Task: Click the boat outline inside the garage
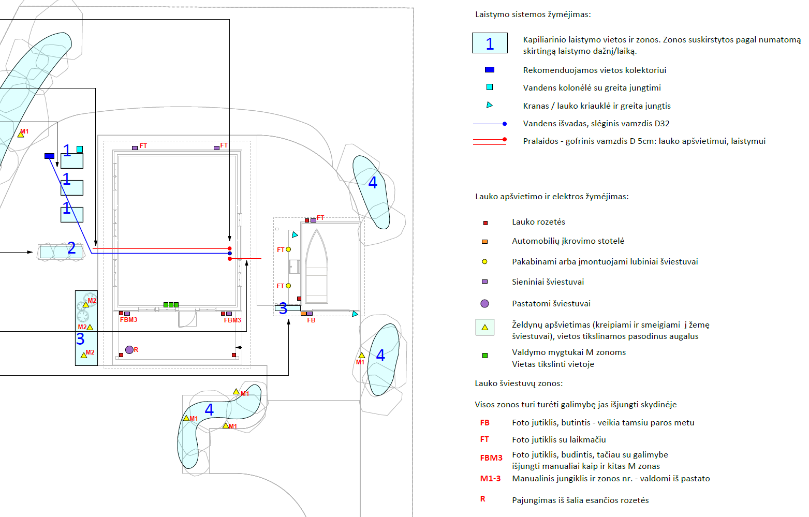[316, 267]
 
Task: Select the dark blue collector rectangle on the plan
[49, 156]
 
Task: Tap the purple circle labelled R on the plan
[129, 350]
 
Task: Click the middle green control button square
[171, 305]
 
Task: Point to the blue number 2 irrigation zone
[71, 249]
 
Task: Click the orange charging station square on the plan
[303, 314]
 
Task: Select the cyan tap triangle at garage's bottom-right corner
[355, 314]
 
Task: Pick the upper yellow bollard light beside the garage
[288, 249]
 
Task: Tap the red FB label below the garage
[311, 320]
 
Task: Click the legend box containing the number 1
[490, 43]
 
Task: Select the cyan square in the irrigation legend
[490, 87]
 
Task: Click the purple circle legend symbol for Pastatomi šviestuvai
[484, 304]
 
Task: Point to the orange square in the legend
[484, 242]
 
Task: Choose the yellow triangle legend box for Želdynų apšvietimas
[484, 327]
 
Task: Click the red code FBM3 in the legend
[491, 458]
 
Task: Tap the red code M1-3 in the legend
[490, 479]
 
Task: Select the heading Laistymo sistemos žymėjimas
[533, 14]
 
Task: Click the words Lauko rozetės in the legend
[538, 222]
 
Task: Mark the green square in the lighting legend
[484, 356]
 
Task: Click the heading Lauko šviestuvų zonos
[519, 383]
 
